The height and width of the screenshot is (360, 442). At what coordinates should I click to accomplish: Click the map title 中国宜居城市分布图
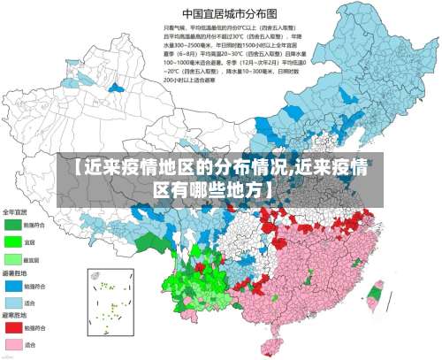point(226,13)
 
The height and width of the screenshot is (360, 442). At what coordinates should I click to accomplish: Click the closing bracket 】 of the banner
point(267,189)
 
